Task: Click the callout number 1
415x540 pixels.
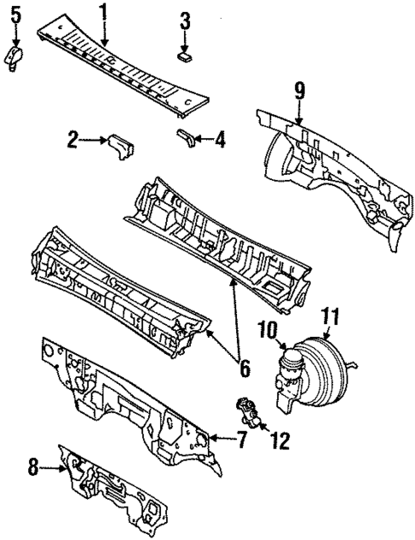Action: coord(104,12)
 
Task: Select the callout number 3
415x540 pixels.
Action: coord(186,21)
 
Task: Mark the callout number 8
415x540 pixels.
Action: coord(33,467)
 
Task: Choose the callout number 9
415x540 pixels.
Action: coord(299,89)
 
